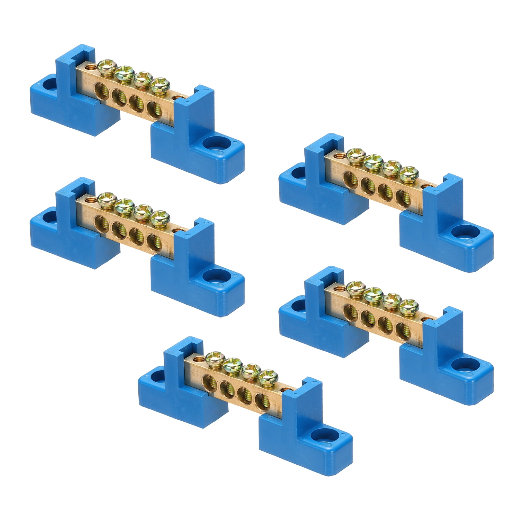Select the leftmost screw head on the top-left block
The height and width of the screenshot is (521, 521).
pyautogui.click(x=107, y=66)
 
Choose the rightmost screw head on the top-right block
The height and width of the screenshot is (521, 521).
pyautogui.click(x=408, y=174)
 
